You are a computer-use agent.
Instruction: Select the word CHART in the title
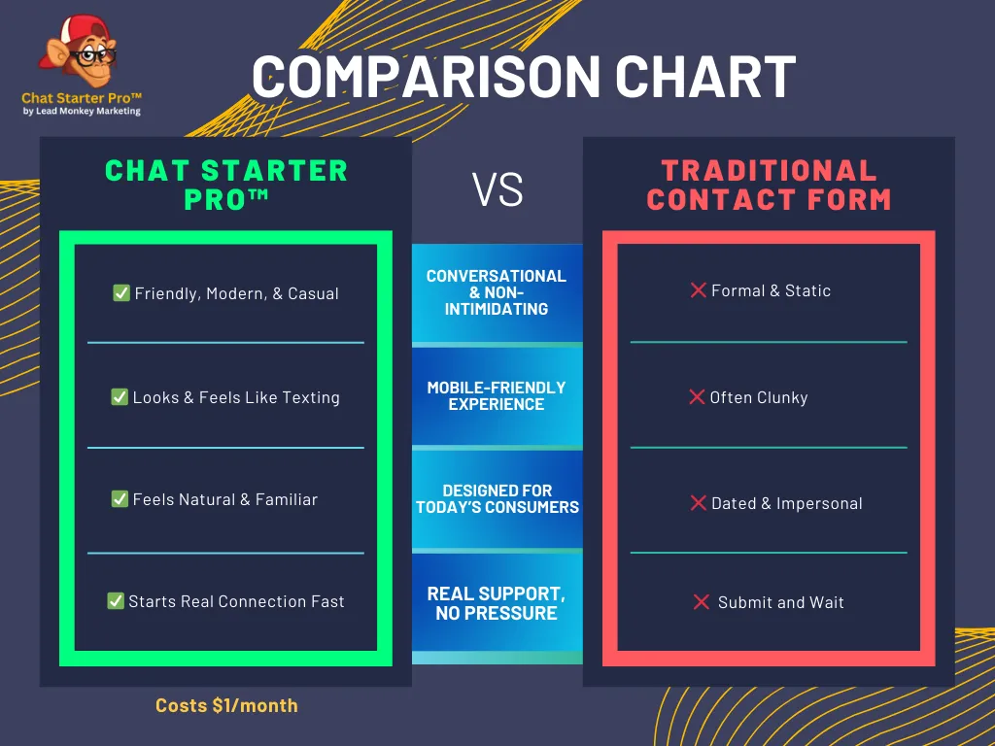coord(705,77)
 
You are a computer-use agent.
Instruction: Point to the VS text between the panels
coord(497,189)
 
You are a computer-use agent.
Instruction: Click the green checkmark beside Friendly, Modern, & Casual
coord(121,292)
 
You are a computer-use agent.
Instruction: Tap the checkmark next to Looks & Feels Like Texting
coord(120,396)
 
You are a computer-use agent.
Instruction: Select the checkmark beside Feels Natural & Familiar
coord(120,498)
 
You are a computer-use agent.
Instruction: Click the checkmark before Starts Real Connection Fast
coord(116,600)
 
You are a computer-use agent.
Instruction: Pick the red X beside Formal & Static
coord(698,289)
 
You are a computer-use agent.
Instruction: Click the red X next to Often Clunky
coord(697,396)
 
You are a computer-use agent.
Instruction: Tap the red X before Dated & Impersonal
coord(698,502)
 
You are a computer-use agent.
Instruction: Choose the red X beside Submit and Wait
coord(702,601)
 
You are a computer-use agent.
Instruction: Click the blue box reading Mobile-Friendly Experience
coord(497,396)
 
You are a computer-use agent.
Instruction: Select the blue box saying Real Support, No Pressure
coord(497,602)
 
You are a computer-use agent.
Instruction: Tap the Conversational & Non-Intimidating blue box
coord(497,292)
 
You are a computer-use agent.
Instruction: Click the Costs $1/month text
coord(226,705)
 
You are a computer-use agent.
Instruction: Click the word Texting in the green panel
coord(311,397)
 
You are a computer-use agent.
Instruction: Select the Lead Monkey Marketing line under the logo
coord(82,111)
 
